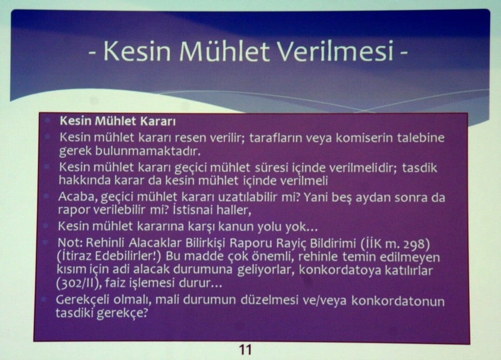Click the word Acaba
tap(75, 197)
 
